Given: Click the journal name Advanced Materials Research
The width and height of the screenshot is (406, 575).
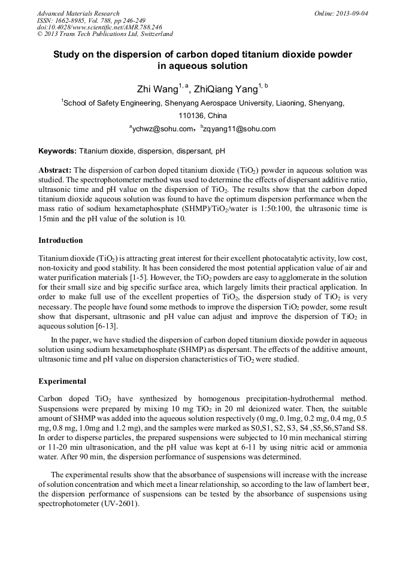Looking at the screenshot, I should [x=78, y=13].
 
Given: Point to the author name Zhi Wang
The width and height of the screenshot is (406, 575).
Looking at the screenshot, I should [x=157, y=90].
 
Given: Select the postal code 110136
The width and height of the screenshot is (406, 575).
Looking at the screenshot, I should [x=191, y=115].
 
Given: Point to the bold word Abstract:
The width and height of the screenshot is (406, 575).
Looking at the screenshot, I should [x=55, y=170].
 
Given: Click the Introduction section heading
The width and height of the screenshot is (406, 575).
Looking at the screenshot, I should [x=60, y=240].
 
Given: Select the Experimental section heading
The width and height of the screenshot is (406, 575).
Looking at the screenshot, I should [x=62, y=381].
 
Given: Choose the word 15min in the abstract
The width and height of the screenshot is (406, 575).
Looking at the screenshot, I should [x=50, y=218].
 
